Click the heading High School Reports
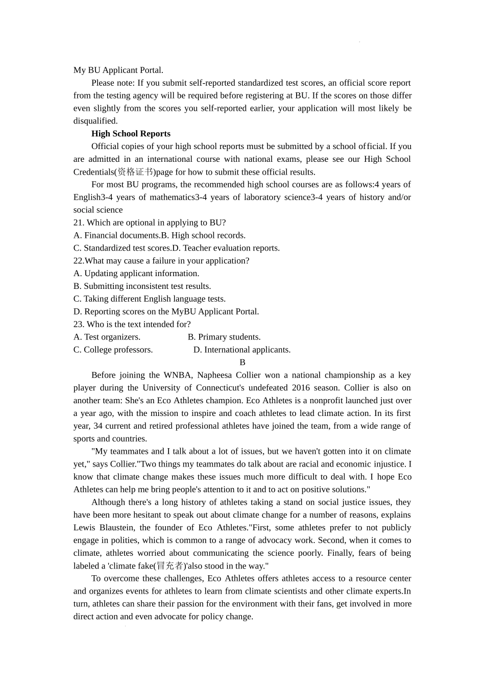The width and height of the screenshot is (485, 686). (x=131, y=134)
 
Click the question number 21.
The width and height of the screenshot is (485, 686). (x=79, y=223)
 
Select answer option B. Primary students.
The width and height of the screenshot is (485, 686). (x=224, y=337)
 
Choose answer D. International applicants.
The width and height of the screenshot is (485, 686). (x=242, y=350)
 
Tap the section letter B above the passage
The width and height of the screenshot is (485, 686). (x=243, y=362)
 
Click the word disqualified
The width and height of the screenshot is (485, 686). (x=95, y=121)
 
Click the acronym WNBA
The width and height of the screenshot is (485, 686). (x=177, y=375)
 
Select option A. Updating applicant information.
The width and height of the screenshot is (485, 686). (x=136, y=274)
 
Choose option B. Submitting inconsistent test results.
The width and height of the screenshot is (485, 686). (x=142, y=286)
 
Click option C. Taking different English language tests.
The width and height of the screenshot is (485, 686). (x=150, y=299)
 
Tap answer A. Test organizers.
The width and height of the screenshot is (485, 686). (x=107, y=337)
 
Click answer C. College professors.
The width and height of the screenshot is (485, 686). (x=113, y=350)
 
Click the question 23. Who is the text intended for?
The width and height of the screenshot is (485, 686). (x=132, y=324)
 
